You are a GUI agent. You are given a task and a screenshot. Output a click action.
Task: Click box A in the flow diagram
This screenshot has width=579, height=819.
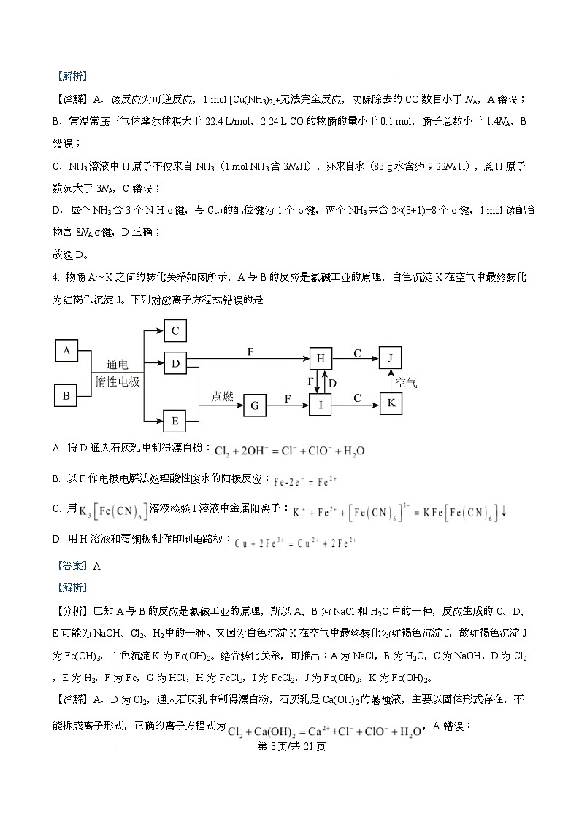(66, 351)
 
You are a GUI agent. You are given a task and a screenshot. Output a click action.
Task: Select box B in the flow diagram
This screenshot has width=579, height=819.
(66, 396)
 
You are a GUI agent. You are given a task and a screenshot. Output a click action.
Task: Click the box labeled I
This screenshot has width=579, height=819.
(321, 405)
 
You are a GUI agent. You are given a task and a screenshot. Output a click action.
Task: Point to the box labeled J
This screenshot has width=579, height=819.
(391, 358)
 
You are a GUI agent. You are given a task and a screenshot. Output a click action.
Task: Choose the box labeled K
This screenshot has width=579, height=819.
(391, 403)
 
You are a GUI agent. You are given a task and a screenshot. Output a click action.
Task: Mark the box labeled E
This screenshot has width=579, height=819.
(175, 421)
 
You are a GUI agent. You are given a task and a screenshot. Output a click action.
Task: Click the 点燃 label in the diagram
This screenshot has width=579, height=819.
(222, 396)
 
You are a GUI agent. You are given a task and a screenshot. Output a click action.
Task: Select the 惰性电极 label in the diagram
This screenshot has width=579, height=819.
(117, 381)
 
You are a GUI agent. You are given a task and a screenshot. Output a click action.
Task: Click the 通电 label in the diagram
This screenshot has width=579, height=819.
(117, 364)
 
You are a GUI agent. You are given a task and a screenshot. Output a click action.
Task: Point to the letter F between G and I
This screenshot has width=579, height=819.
(287, 398)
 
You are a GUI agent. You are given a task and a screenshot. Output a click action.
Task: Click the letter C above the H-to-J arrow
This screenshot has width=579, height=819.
(357, 353)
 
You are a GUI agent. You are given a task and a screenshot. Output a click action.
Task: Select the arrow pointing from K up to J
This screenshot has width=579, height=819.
(391, 381)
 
